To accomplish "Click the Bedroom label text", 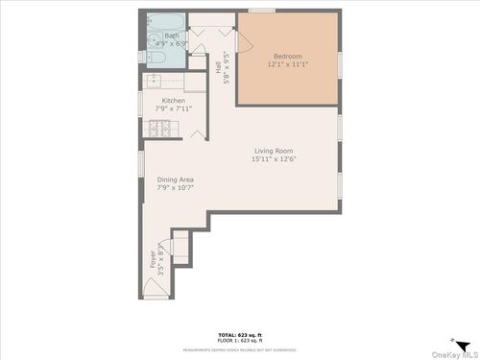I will click(288, 57).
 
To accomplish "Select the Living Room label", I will click(274, 151).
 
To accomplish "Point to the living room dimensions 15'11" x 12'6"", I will click(274, 159).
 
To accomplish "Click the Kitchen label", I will click(173, 101).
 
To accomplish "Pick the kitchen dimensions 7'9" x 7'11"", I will click(173, 108).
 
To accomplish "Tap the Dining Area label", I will click(175, 180).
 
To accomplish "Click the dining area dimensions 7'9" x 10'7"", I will click(175, 187).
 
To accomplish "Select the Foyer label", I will click(152, 259).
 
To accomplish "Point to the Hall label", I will click(218, 68).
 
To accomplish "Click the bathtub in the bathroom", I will click(165, 21).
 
